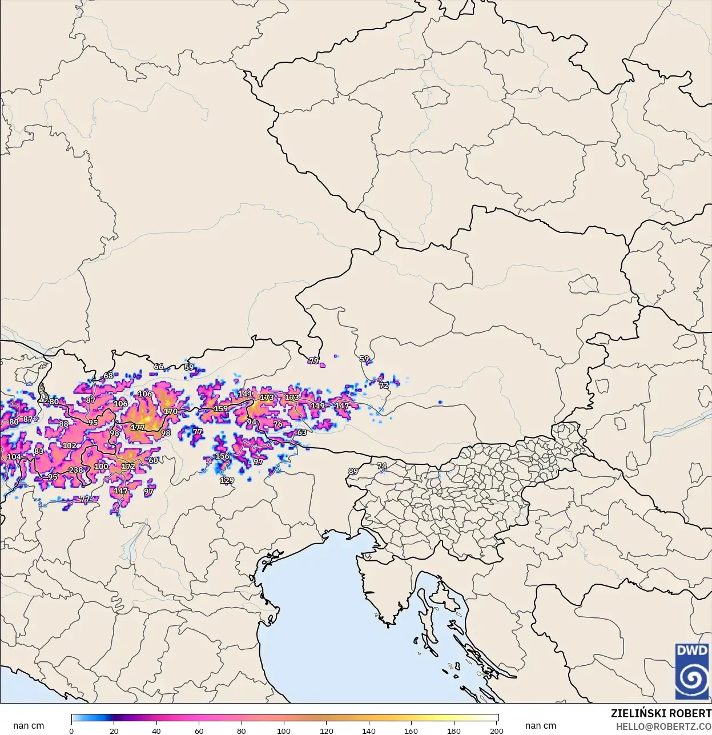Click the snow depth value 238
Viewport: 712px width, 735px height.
coord(76,470)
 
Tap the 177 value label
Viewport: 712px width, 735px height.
coord(138,427)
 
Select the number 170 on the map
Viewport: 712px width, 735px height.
coord(170,411)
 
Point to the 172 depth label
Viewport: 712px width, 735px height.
coord(128,467)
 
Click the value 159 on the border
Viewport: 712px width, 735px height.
coord(220,408)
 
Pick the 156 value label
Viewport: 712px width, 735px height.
coord(222,456)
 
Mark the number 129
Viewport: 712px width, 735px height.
coord(227,480)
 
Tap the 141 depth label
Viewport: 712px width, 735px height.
coord(245,394)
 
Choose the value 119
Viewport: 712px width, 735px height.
coord(317,405)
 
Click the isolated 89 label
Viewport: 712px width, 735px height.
coord(353,471)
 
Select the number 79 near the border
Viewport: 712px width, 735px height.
coord(313,360)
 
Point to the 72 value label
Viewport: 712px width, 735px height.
coord(384,385)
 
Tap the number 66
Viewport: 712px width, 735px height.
coord(159,367)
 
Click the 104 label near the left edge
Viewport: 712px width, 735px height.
coord(14,457)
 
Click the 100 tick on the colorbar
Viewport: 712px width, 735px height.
coord(284,730)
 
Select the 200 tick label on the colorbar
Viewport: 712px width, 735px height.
coord(496,730)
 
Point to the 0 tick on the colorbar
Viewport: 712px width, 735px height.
coord(71,730)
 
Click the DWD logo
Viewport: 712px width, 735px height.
coord(691,671)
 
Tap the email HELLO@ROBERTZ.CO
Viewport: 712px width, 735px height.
coord(663,726)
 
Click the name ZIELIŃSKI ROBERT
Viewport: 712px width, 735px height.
coord(661,713)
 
